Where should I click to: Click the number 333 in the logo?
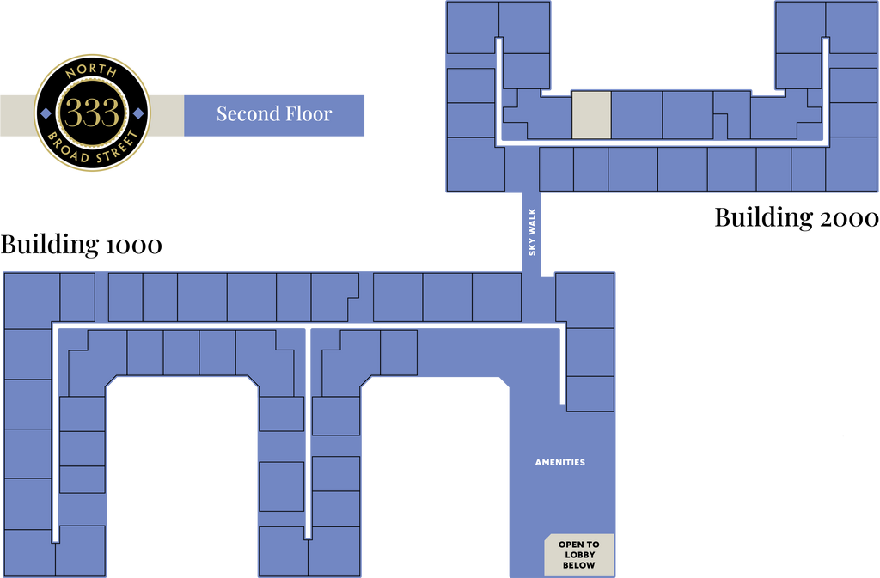[x=92, y=113]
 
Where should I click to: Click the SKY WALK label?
[x=533, y=232]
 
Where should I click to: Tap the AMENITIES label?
[x=560, y=463]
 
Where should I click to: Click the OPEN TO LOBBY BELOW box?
[x=578, y=555]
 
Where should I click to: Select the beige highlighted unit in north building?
[x=591, y=115]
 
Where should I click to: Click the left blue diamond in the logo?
[x=46, y=113]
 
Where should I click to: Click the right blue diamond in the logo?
[x=138, y=113]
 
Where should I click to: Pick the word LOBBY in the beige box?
[x=579, y=555]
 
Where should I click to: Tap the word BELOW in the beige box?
[x=579, y=566]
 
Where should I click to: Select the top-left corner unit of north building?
[x=473, y=27]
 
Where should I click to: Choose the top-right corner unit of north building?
[x=851, y=27]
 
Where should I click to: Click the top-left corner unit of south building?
[x=32, y=301]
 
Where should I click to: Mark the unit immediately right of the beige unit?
[x=636, y=115]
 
